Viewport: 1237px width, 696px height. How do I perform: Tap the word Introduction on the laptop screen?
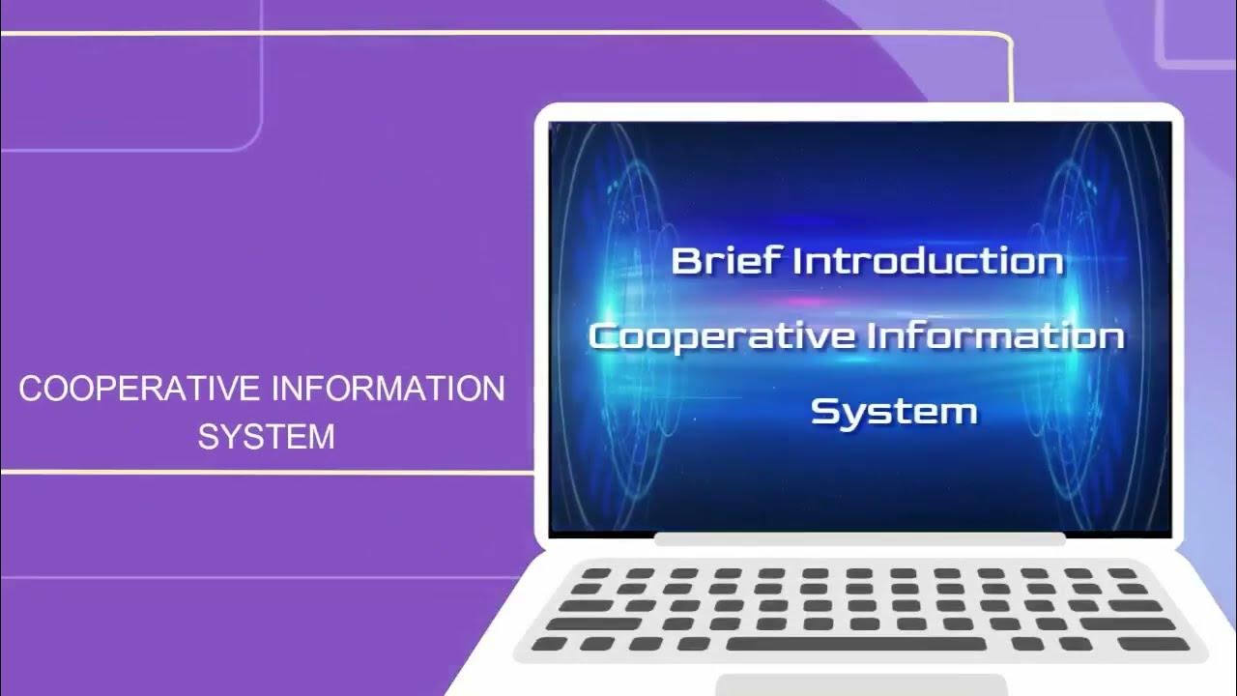tap(928, 261)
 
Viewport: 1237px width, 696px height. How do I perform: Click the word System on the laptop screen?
tap(894, 411)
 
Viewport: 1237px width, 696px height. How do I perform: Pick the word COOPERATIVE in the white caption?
tap(139, 390)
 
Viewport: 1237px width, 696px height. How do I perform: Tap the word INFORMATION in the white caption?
tap(388, 390)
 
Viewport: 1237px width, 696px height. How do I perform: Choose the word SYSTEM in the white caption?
tap(266, 436)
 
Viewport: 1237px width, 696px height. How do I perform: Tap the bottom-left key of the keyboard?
tap(550, 644)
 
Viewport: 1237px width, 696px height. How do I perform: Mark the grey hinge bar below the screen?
tap(860, 538)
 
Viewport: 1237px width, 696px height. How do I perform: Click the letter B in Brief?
tap(685, 260)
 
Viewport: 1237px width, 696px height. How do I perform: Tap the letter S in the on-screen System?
tap(823, 411)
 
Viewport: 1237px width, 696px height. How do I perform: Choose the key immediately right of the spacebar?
tap(1027, 644)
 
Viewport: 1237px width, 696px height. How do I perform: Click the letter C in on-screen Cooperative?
tap(603, 337)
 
